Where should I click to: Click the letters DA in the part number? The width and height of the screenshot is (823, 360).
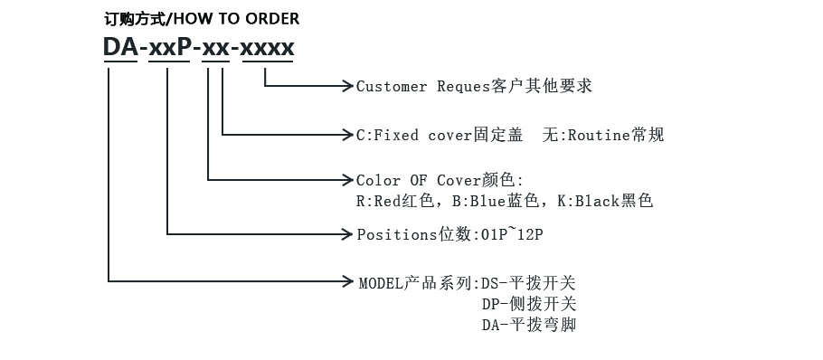coord(120,47)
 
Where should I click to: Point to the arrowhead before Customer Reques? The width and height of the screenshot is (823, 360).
coord(346,87)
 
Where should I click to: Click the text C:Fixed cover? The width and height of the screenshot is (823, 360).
coord(412,136)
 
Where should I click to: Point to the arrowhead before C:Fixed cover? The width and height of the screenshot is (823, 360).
coord(346,136)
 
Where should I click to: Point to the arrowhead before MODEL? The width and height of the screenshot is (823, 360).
coord(346,281)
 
